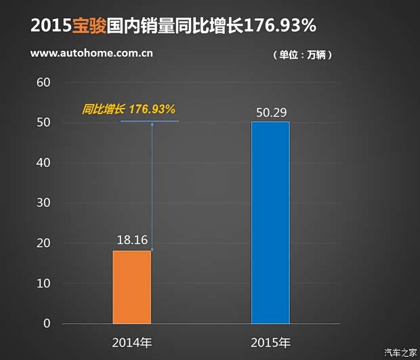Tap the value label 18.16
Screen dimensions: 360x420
pyautogui.click(x=132, y=239)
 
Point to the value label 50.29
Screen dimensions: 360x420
pyautogui.click(x=270, y=111)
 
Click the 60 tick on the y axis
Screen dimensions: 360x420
pyautogui.click(x=44, y=83)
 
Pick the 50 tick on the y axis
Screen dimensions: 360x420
pyautogui.click(x=44, y=123)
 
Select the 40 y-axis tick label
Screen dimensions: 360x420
pyautogui.click(x=44, y=163)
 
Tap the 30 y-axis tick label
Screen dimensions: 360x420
pyautogui.click(x=44, y=203)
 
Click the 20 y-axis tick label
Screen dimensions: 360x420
pyautogui.click(x=44, y=243)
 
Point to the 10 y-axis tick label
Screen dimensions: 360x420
pyautogui.click(x=44, y=283)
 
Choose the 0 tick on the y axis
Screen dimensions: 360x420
pyautogui.click(x=47, y=323)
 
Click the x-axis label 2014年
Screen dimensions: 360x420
pyautogui.click(x=132, y=342)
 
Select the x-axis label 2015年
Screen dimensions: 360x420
pyautogui.click(x=270, y=342)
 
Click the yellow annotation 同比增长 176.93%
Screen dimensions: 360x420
pyautogui.click(x=129, y=108)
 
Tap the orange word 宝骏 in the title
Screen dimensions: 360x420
pyautogui.click(x=89, y=26)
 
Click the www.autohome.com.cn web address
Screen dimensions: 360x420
pyautogui.click(x=91, y=54)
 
